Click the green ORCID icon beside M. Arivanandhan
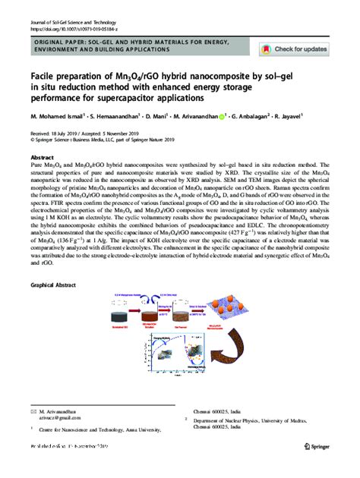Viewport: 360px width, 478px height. (223, 118)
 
